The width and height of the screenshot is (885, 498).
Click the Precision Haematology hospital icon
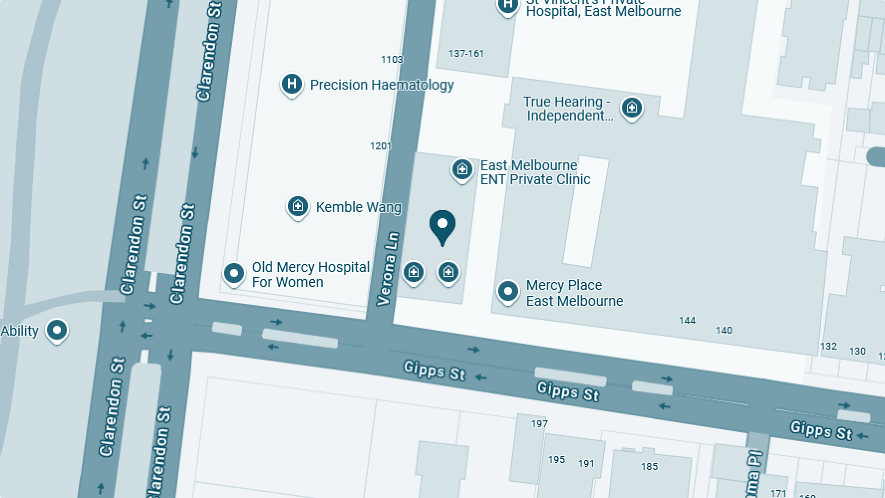[x=292, y=84]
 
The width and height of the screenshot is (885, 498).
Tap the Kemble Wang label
[x=358, y=207]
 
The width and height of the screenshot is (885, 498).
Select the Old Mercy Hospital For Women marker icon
[x=234, y=273]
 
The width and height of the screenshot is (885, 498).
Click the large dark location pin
[x=442, y=225]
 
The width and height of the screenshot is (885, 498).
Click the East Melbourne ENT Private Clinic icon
[x=462, y=169]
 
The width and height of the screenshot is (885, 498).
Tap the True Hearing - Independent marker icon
[x=631, y=107]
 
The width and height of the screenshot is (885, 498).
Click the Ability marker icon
[x=56, y=330]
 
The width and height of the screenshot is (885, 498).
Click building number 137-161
[x=466, y=53]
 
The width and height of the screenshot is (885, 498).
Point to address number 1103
[x=392, y=59]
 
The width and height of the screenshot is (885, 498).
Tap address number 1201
[x=380, y=146]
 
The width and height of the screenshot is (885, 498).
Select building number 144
[x=687, y=320]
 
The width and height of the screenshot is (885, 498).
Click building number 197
[x=539, y=424]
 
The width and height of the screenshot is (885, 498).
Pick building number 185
[x=649, y=467]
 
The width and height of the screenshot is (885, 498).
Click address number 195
[x=556, y=460]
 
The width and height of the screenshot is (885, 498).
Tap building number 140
[x=724, y=330]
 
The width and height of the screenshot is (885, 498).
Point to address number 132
[x=828, y=346]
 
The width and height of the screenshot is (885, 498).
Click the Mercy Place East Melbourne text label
[x=574, y=293]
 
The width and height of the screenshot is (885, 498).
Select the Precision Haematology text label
[x=382, y=85]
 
